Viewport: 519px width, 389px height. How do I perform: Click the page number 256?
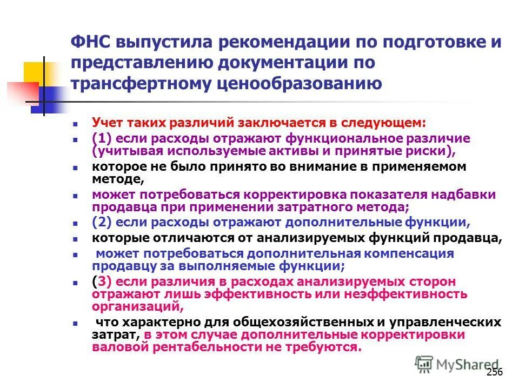(x=495, y=372)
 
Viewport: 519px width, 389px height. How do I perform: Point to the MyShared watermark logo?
(x=457, y=365)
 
